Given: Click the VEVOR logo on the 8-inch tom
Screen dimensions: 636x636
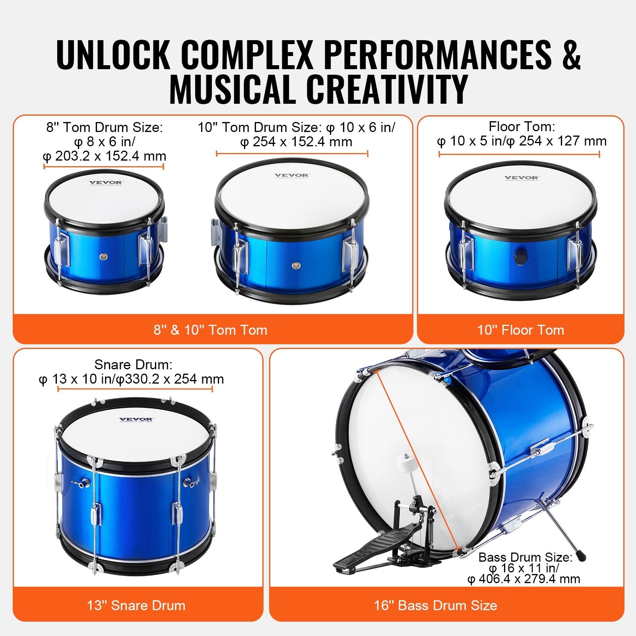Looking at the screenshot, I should pos(106,183).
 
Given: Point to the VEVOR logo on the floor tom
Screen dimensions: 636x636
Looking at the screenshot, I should pos(522,178).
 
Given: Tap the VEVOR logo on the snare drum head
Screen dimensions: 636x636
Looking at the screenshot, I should pos(136,419).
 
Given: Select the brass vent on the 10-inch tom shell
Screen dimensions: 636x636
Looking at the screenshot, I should pos(295,265).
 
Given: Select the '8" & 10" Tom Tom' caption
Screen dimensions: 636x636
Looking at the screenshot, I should pos(210,330).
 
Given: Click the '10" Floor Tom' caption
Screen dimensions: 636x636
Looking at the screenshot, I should pos(521,330).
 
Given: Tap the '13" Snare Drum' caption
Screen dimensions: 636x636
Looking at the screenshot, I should pos(136,605).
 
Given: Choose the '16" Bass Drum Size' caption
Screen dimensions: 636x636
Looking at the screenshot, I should pos(436,605).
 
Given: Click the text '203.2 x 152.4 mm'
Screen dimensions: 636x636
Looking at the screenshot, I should pos(110,156).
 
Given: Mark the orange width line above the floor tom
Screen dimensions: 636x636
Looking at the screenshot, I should pos(519,154).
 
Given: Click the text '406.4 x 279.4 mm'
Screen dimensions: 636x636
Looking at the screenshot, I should pos(529,579).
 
